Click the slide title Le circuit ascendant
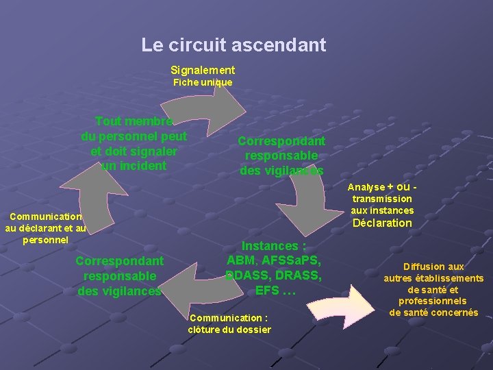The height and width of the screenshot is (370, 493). tap(233, 45)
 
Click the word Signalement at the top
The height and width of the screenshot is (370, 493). tap(202, 70)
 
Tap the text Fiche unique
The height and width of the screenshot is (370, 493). tap(202, 82)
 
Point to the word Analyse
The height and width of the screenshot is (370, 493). tap(366, 187)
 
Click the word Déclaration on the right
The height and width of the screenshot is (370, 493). tap(382, 223)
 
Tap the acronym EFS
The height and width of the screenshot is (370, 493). tap(266, 291)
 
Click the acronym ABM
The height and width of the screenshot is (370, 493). tap(241, 260)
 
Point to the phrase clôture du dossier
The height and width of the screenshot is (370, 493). tap(229, 330)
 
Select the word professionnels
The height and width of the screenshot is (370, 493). tap(432, 301)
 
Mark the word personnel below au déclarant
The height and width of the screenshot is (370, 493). tap(46, 240)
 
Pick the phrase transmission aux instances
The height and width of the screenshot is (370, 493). tap(382, 204)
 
